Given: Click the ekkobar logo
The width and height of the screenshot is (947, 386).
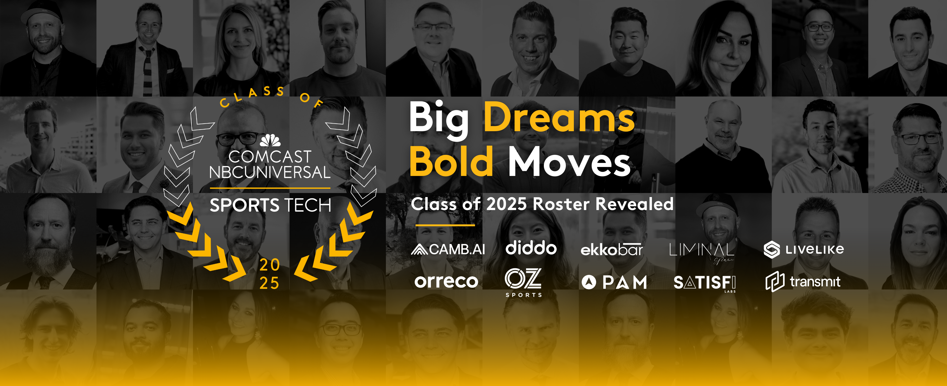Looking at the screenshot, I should [611, 250].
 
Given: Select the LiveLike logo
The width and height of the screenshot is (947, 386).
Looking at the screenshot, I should [804, 250].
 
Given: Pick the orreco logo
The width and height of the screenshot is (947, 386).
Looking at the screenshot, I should [446, 282].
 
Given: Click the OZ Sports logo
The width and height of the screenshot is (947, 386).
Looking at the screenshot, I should [523, 282].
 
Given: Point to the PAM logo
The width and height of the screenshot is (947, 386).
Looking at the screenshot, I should [614, 282].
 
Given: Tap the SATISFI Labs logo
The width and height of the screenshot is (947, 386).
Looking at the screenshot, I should [704, 283].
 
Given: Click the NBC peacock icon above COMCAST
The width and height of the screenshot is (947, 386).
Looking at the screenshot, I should [270, 140].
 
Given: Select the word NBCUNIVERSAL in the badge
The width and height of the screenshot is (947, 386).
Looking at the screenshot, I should [269, 172].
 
